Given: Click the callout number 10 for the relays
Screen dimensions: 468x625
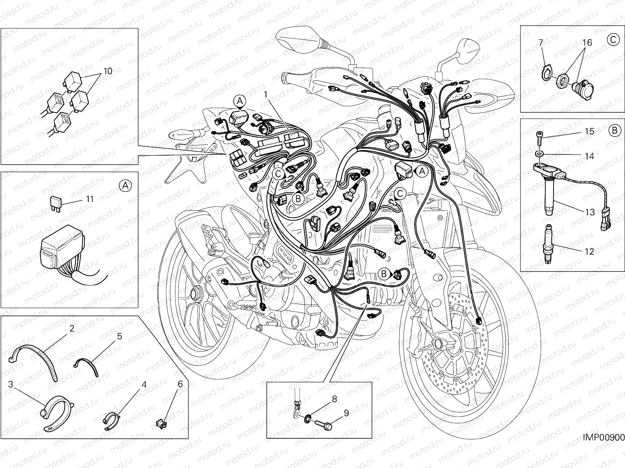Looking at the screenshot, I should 108,71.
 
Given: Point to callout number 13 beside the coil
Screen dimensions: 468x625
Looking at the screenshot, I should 590,212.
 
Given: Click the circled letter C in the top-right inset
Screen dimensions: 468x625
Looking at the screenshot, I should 613,39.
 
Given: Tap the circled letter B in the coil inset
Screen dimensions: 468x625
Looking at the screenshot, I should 614,131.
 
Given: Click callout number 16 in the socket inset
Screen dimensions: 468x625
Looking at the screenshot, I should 587,43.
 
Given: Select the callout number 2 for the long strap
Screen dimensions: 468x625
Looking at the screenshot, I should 71,328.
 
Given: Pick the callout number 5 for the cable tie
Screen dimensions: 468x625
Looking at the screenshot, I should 119,336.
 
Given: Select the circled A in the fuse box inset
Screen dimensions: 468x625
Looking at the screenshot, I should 125,186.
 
